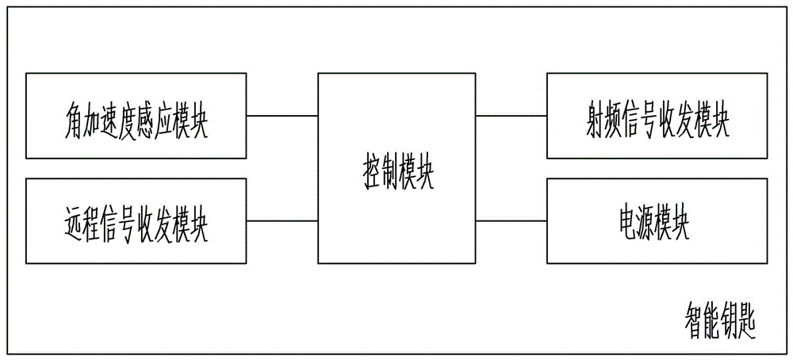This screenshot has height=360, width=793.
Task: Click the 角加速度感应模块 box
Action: (x=136, y=116)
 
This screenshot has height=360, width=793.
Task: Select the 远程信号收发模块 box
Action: (x=136, y=221)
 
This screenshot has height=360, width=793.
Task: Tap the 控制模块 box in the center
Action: (x=396, y=168)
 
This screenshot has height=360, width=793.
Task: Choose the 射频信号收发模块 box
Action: (x=657, y=116)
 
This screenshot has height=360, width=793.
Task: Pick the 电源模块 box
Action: (x=657, y=221)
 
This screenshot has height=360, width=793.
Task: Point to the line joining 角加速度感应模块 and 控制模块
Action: (x=282, y=116)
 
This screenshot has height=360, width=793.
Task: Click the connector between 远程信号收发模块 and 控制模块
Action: (x=282, y=221)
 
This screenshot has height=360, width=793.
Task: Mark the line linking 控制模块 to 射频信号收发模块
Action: (x=511, y=116)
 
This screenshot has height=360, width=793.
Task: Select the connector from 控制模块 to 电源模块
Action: (x=511, y=221)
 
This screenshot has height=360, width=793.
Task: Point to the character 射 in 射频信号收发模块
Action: (x=591, y=122)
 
